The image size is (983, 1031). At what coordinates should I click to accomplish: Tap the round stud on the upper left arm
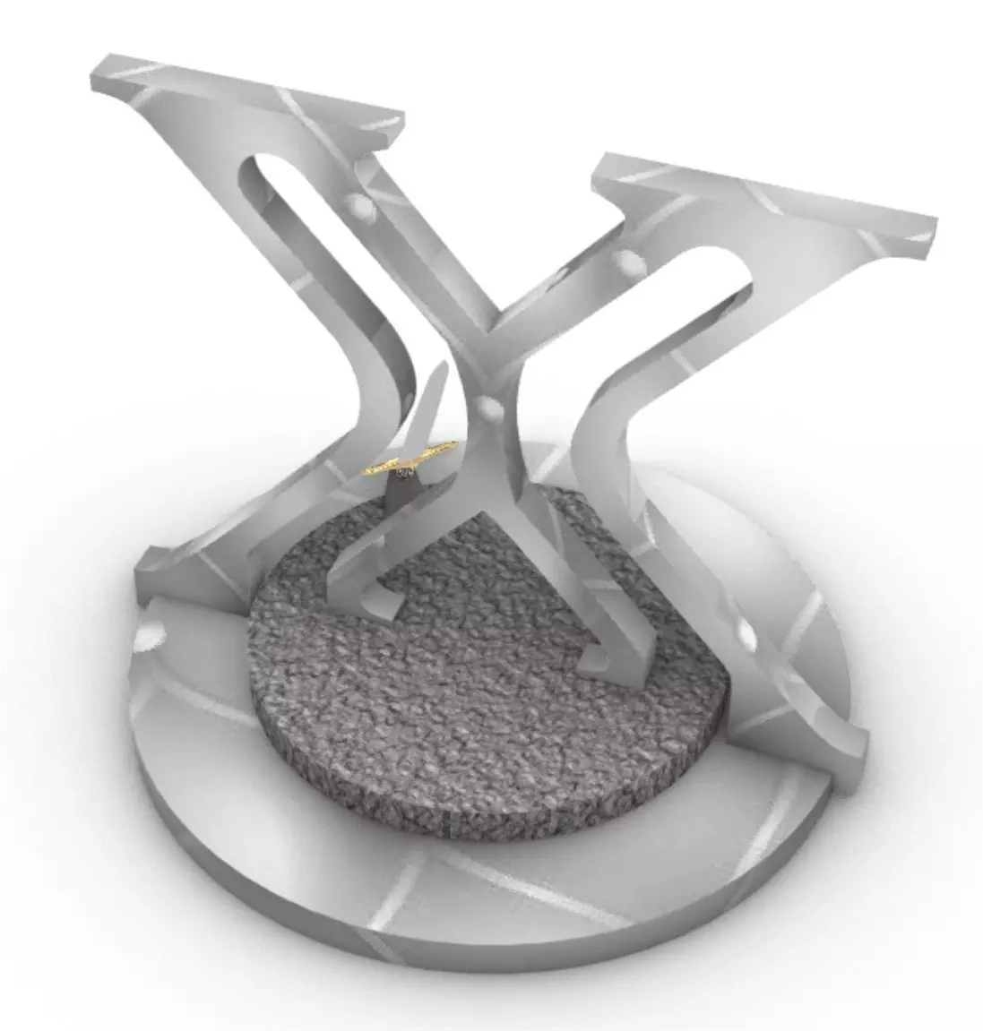[361, 207]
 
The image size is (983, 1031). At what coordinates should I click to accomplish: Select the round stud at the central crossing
[489, 408]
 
